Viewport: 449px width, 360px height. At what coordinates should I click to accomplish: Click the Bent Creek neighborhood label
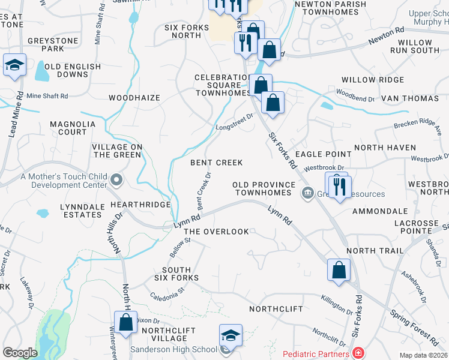[216, 163]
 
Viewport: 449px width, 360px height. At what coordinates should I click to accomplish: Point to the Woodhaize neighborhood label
[134, 97]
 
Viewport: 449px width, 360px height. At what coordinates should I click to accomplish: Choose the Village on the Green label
[117, 151]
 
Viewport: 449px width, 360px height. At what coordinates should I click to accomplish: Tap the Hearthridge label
[140, 205]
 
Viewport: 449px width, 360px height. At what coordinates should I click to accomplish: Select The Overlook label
[216, 232]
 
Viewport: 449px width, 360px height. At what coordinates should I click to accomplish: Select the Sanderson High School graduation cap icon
[231, 337]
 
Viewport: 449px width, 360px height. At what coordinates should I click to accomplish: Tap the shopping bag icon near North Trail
[339, 270]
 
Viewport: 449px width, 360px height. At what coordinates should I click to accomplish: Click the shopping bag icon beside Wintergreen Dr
[126, 323]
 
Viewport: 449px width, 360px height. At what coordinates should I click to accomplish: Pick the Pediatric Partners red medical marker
[358, 352]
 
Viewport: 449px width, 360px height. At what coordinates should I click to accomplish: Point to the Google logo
[20, 353]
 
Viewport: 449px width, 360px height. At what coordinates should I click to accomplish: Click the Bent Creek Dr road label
[204, 191]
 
